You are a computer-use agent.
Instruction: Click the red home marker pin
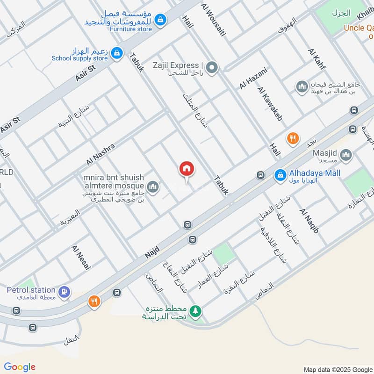(x=187, y=169)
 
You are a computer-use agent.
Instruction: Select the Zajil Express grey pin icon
(x=212, y=68)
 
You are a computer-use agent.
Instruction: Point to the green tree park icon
(x=196, y=310)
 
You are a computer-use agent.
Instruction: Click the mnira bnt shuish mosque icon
(x=152, y=188)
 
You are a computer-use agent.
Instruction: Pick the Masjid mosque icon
(x=345, y=155)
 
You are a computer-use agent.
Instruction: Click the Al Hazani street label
(x=253, y=78)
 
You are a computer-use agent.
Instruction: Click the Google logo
(x=20, y=367)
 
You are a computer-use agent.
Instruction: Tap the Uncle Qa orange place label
(x=359, y=28)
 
